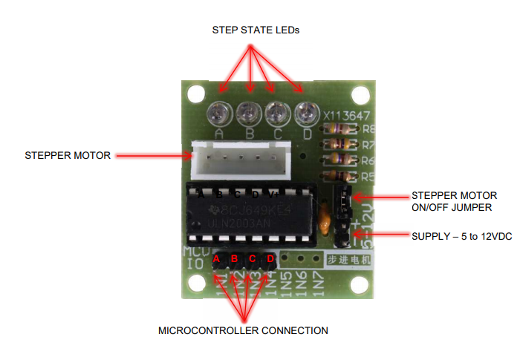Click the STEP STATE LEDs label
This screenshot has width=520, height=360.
(x=256, y=30)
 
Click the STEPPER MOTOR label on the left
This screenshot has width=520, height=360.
(x=68, y=156)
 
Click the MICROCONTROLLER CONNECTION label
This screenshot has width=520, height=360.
(x=243, y=330)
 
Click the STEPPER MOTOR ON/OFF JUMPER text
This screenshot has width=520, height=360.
(x=456, y=202)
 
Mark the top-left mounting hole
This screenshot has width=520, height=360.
(x=195, y=94)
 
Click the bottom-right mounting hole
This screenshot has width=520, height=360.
(x=362, y=284)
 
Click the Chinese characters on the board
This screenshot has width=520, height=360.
(x=347, y=261)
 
